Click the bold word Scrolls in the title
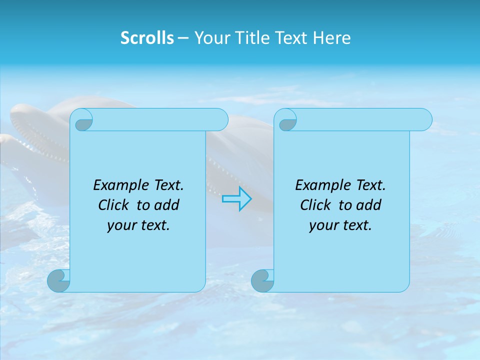147,38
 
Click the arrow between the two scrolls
237,199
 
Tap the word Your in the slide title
210,38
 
